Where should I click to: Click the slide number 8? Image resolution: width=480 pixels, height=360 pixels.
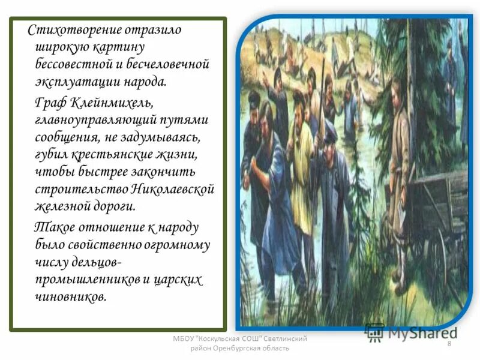point(449,342)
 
